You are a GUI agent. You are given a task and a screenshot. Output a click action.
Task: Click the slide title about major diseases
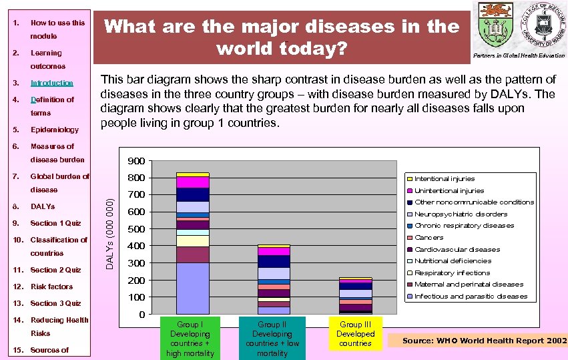[283, 37]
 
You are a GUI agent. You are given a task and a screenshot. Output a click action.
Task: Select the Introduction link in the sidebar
[51, 83]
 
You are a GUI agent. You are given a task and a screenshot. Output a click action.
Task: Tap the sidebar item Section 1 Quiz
[55, 223]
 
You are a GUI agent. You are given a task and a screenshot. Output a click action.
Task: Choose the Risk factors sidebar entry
[51, 287]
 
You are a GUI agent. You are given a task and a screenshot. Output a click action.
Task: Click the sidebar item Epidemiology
[54, 130]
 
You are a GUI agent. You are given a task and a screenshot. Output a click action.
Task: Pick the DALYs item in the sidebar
[43, 206]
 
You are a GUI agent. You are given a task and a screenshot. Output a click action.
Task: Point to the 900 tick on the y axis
[136, 161]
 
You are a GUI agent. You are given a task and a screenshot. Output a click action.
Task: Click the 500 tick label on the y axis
[136, 229]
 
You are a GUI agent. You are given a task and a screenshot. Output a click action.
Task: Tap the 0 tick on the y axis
[141, 315]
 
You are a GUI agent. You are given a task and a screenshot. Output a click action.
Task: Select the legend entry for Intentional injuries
[445, 178]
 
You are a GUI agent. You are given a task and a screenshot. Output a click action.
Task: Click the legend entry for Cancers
[429, 237]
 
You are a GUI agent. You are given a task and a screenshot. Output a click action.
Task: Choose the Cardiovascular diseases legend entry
[457, 249]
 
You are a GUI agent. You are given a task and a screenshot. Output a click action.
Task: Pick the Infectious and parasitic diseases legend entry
[471, 296]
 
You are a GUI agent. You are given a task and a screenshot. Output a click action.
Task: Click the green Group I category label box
[190, 339]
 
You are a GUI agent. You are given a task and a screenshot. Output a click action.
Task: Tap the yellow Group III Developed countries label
[355, 333]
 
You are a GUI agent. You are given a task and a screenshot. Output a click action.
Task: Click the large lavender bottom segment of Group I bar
[193, 288]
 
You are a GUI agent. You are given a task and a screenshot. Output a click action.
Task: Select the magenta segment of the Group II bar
[274, 252]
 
